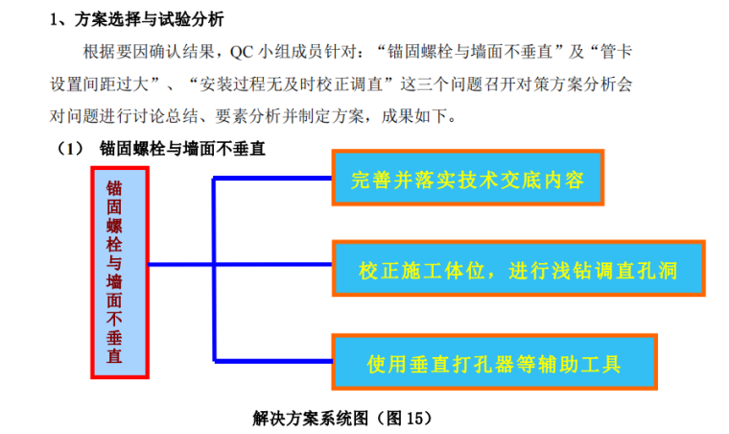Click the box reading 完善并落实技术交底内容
(468, 178)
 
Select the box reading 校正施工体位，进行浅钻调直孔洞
(517, 270)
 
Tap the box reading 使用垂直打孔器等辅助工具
(494, 362)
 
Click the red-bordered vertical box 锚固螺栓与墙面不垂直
(119, 272)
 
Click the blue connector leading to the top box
(272, 179)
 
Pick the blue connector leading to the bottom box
(272, 361)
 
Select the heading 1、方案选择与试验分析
(143, 19)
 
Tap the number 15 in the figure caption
(412, 418)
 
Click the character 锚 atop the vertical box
(114, 185)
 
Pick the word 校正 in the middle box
(376, 271)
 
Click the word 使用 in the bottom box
(387, 363)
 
